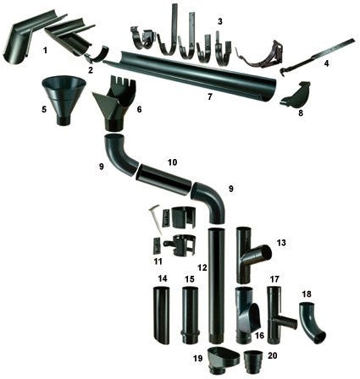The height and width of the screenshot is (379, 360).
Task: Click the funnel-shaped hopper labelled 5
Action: (x=64, y=97)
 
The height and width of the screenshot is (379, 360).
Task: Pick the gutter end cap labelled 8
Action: (x=296, y=96)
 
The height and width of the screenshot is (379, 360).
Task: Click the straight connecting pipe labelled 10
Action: (x=163, y=179)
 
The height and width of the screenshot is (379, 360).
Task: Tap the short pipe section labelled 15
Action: (x=190, y=315)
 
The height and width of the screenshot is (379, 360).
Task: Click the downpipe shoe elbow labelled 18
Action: (x=311, y=321)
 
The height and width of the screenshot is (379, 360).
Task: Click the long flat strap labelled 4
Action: (x=316, y=55)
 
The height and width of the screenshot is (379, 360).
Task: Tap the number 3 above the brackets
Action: (x=220, y=21)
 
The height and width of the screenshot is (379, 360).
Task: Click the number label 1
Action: (x=45, y=51)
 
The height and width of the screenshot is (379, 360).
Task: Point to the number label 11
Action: (x=158, y=261)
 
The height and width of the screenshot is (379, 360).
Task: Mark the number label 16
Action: (x=259, y=335)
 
